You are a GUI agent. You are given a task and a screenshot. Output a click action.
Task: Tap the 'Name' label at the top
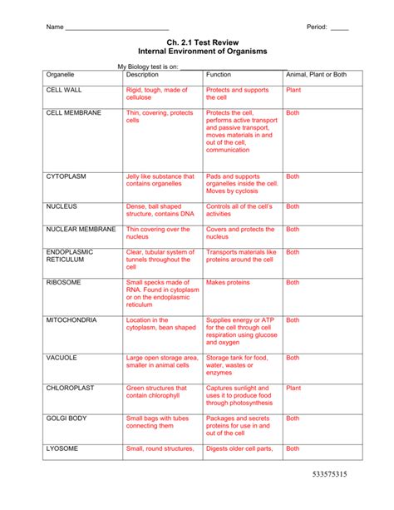click(x=55, y=27)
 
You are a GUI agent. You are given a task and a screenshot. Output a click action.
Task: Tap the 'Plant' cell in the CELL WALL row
click(x=293, y=89)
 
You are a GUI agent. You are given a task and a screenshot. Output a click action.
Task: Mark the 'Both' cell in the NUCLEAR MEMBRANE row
click(x=293, y=229)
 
